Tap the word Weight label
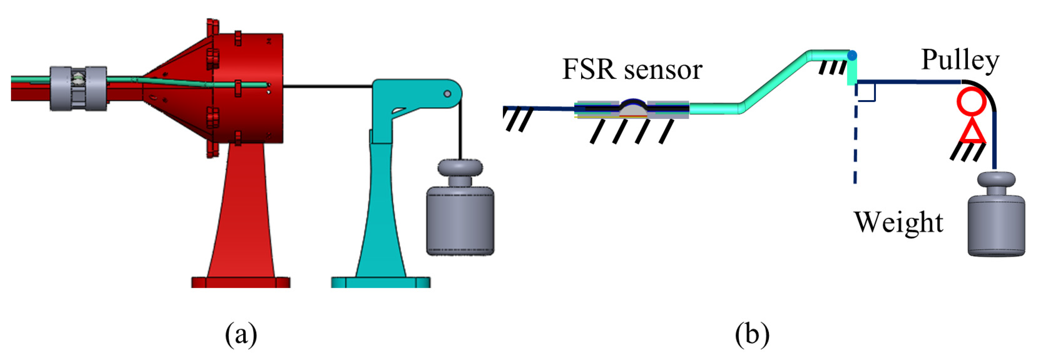pyautogui.click(x=898, y=222)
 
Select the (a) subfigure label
pyautogui.click(x=241, y=335)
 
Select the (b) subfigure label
pyautogui.click(x=752, y=335)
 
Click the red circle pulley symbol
pyautogui.click(x=971, y=101)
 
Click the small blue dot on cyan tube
pyautogui.click(x=852, y=56)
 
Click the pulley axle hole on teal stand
pyautogui.click(x=447, y=94)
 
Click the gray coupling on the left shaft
pyautogui.click(x=78, y=89)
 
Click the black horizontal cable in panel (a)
pyautogui.click(x=327, y=86)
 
